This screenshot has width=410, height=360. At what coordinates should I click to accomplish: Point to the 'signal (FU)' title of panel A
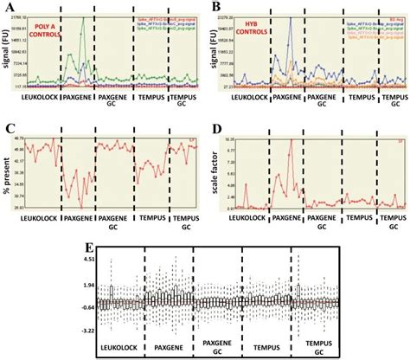coord(7,52)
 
